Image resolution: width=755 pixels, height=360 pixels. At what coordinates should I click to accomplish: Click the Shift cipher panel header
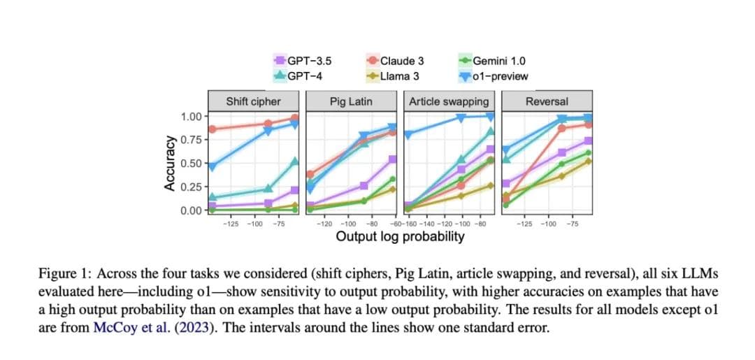253,101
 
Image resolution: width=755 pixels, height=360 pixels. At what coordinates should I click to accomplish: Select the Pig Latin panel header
351,101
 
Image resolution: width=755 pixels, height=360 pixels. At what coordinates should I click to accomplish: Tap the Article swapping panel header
449,101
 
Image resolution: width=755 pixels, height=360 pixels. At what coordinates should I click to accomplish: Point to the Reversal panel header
547,101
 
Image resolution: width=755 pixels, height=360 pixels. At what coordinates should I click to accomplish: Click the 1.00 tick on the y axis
190,116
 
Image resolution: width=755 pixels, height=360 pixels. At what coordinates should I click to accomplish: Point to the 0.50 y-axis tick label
190,164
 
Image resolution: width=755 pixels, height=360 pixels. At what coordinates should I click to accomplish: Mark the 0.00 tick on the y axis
190,210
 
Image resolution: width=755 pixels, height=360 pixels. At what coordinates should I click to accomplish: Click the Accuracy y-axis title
169,164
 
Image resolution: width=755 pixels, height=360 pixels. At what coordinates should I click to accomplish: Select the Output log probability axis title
400,236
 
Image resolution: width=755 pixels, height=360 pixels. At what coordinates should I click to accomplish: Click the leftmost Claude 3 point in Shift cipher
212,129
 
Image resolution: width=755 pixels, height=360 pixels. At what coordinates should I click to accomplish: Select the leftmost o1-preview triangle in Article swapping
408,134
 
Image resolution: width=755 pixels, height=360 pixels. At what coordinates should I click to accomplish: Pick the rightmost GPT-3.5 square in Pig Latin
392,159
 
